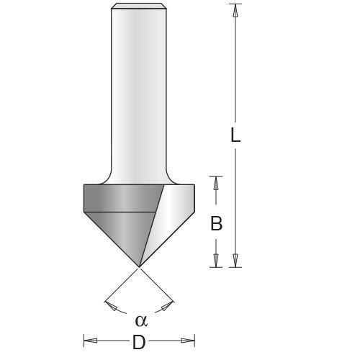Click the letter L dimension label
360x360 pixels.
(235, 135)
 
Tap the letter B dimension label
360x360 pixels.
(216, 224)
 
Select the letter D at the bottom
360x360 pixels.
(139, 343)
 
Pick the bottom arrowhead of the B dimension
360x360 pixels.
(216, 261)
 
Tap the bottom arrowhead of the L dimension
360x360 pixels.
(235, 261)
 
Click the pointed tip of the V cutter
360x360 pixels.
(139, 266)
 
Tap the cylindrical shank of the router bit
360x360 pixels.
(140, 86)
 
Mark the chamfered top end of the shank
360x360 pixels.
(140, 7)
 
